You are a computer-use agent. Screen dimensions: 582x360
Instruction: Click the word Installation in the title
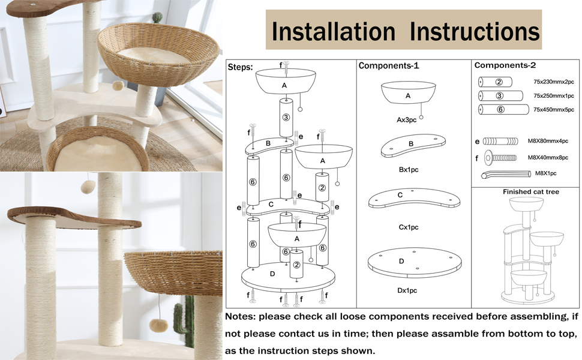point(334,32)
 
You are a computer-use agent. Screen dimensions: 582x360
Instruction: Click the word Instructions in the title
point(475,32)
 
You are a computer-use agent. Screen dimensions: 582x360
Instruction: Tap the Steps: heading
point(240,67)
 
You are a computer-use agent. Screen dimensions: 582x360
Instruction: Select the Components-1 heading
point(389,65)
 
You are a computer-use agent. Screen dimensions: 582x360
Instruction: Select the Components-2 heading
point(505,65)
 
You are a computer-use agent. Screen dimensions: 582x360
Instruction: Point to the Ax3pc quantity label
point(406,120)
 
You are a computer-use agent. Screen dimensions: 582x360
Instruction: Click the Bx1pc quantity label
point(408,170)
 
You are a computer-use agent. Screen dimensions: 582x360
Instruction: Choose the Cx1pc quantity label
point(408,227)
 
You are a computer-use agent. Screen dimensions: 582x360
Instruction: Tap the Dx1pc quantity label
point(407,290)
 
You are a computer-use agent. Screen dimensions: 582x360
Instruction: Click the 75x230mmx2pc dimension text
point(553,82)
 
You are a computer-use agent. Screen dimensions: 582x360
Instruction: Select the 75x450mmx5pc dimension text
point(553,109)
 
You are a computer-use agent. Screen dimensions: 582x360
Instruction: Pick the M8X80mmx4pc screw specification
point(548,141)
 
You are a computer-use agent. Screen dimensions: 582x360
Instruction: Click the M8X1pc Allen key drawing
point(506,173)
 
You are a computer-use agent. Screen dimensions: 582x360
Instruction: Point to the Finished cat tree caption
point(531,192)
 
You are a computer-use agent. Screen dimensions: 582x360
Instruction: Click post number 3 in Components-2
point(500,96)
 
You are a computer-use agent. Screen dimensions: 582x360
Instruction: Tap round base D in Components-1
point(415,263)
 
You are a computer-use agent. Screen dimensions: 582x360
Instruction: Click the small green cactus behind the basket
point(157,18)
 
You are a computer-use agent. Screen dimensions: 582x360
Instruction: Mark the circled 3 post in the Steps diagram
point(286,117)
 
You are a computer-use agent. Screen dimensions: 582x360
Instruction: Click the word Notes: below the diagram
point(240,317)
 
